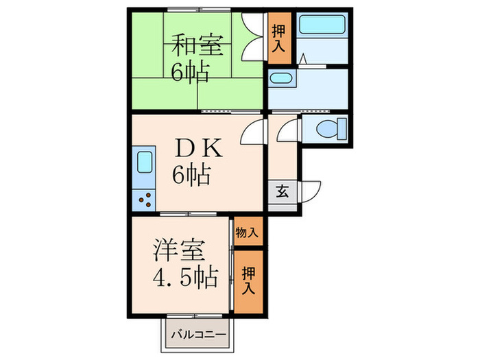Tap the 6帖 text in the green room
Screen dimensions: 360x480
(x=190, y=71)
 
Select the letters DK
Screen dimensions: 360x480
(x=197, y=147)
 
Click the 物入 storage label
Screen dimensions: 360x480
(x=248, y=232)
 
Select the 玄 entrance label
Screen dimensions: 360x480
(x=282, y=191)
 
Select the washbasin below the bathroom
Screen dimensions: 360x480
(x=280, y=79)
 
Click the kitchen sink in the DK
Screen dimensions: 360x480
(x=145, y=164)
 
